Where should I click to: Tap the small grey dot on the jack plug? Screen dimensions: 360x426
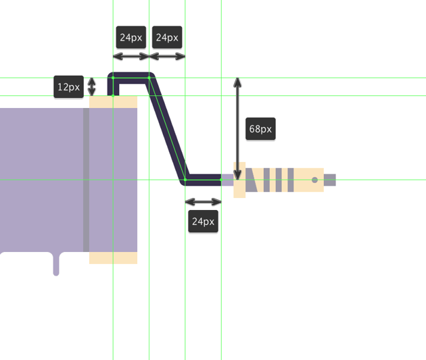[x=314, y=180]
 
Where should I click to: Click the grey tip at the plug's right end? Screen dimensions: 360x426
[x=330, y=180]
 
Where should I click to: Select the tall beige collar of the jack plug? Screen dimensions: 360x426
[x=239, y=180]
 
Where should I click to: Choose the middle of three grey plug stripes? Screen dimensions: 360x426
[x=277, y=180]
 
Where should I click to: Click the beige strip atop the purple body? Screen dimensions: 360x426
[x=114, y=102]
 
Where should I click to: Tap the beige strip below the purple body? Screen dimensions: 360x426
[x=114, y=258]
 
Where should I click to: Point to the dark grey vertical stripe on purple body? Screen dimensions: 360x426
[x=86, y=179]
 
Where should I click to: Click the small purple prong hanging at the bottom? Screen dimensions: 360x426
[x=56, y=265]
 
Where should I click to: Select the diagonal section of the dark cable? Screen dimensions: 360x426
[x=168, y=128]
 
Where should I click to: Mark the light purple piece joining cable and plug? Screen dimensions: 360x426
[x=227, y=180]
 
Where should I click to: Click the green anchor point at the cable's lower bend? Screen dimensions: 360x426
[x=185, y=180]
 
